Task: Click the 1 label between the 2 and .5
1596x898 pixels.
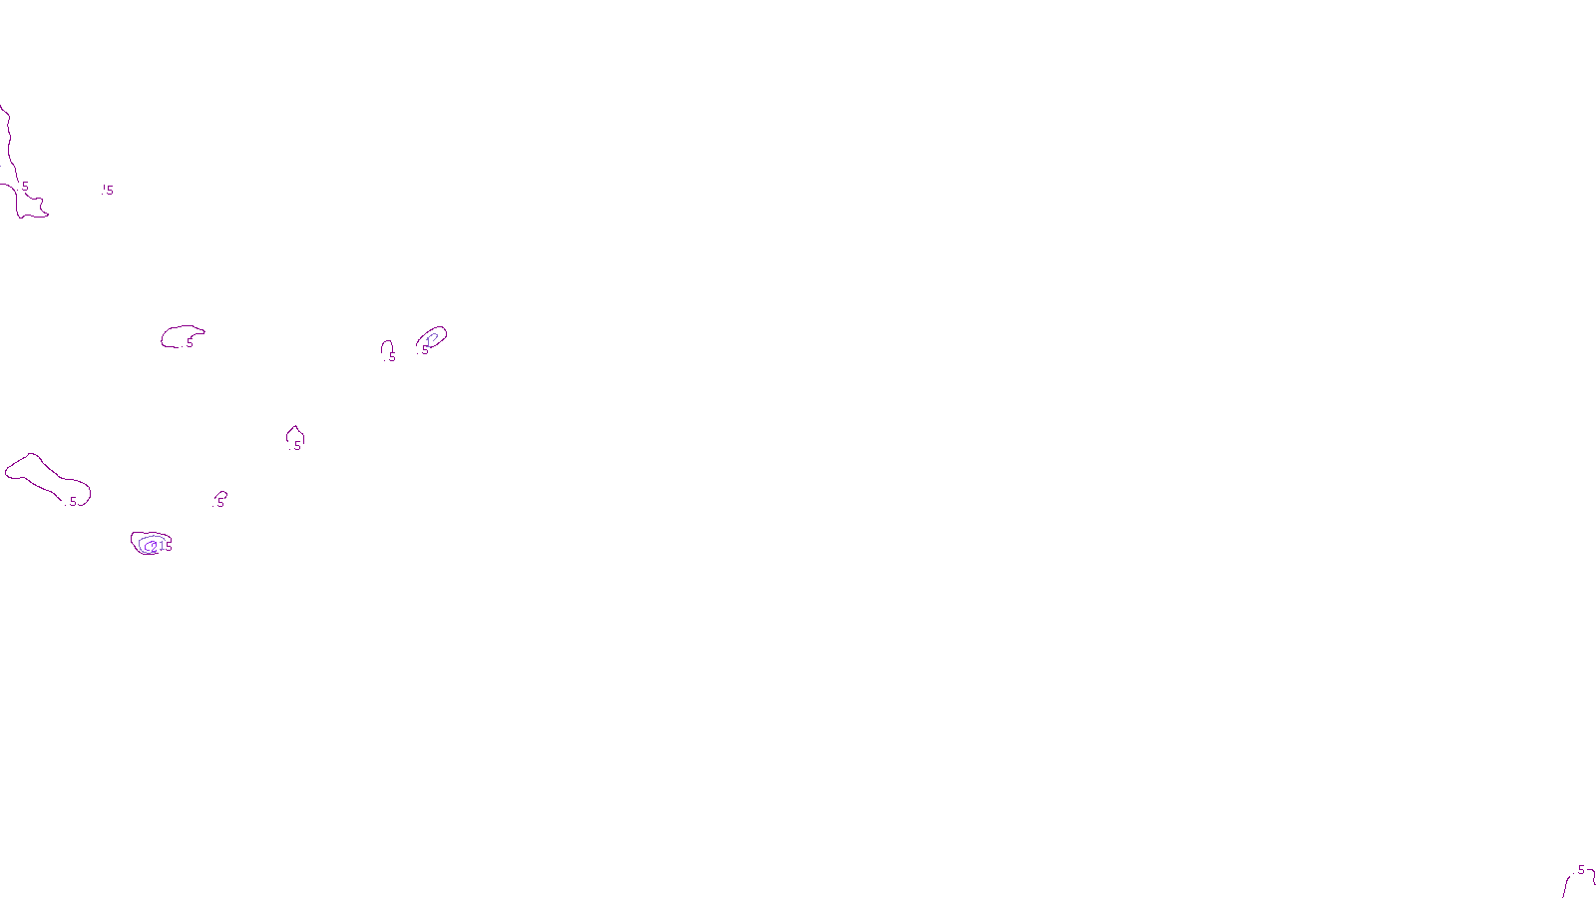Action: click(x=161, y=546)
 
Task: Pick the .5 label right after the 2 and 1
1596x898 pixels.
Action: click(x=168, y=547)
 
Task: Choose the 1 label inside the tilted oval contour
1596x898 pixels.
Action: click(x=429, y=341)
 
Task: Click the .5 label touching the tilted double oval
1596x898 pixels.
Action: click(x=424, y=350)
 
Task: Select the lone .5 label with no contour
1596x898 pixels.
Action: click(x=108, y=190)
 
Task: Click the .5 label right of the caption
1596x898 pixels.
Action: click(x=1579, y=870)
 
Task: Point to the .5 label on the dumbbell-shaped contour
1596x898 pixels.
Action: click(x=72, y=502)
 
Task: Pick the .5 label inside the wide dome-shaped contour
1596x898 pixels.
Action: click(x=189, y=343)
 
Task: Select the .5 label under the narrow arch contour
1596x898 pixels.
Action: click(x=391, y=357)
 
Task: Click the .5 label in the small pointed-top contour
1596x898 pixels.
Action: click(x=296, y=446)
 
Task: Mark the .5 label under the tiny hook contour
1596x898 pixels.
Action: click(x=219, y=503)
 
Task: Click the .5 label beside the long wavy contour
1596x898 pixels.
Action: click(x=25, y=187)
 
